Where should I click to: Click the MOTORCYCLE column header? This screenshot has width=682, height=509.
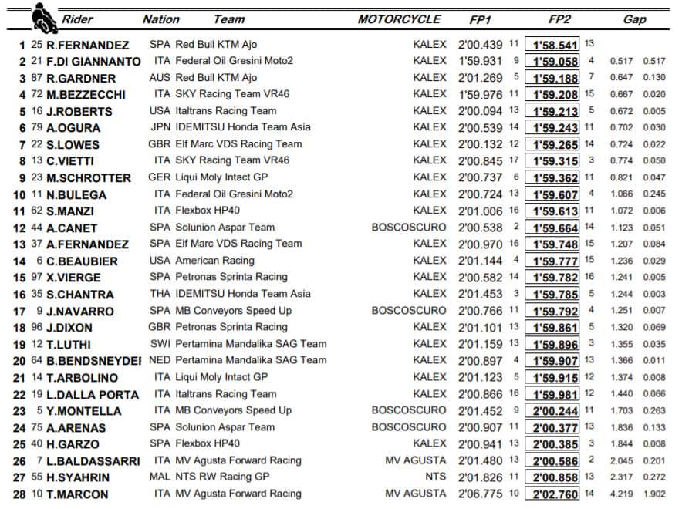[x=399, y=19]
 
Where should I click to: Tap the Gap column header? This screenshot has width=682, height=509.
[x=634, y=19]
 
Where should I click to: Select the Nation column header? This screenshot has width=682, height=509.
[x=161, y=19]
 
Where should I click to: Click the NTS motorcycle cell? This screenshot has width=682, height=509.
[x=435, y=477]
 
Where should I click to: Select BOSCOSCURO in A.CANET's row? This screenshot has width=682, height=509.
[x=408, y=228]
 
